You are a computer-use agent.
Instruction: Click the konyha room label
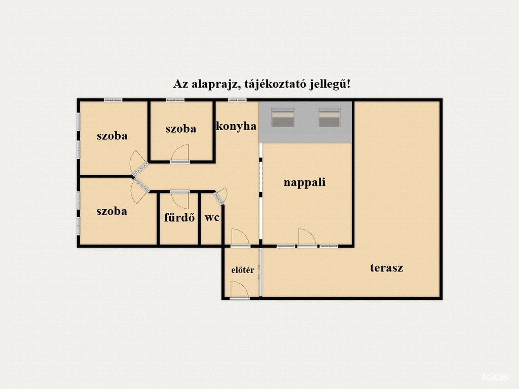click(236, 126)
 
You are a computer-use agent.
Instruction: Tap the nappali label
click(305, 182)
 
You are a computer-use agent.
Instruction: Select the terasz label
click(387, 267)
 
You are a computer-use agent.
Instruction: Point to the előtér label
click(243, 270)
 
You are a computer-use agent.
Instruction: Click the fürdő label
click(179, 217)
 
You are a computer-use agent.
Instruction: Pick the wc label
click(212, 218)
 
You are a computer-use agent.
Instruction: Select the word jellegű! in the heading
click(329, 84)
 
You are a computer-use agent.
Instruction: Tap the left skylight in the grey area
click(283, 118)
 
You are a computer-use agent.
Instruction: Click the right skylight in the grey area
click(329, 118)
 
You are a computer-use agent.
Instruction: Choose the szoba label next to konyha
click(181, 129)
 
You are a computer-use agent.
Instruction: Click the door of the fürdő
click(180, 200)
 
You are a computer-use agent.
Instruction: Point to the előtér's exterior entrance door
click(240, 290)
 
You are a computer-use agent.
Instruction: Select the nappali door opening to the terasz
click(307, 238)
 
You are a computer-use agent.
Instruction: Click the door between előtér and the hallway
click(240, 238)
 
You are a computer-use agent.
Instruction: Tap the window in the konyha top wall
click(237, 100)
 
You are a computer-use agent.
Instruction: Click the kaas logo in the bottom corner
click(495, 377)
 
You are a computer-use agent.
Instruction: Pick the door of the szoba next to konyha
click(180, 154)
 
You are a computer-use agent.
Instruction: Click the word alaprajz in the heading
click(216, 84)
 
